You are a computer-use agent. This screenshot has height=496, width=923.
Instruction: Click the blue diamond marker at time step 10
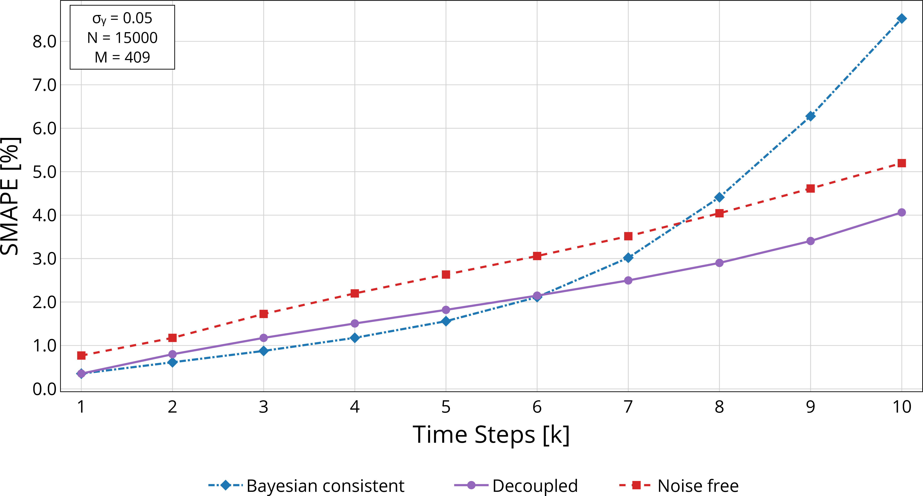click(901, 19)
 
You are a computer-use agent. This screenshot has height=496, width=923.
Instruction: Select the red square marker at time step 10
click(901, 163)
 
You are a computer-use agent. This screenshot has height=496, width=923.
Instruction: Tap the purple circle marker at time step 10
click(901, 212)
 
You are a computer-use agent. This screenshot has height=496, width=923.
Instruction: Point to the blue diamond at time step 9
click(810, 116)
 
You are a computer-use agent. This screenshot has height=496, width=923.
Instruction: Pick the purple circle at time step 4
click(355, 323)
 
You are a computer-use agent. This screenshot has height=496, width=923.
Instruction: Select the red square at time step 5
click(446, 275)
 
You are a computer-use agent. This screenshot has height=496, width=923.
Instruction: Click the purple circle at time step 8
click(719, 263)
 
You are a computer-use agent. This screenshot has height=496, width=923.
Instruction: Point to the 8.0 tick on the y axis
click(44, 42)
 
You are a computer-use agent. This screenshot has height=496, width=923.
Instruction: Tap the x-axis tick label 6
click(537, 407)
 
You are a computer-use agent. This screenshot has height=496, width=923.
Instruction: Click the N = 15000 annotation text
click(122, 38)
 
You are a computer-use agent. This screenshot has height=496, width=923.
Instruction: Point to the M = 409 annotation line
click(122, 57)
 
